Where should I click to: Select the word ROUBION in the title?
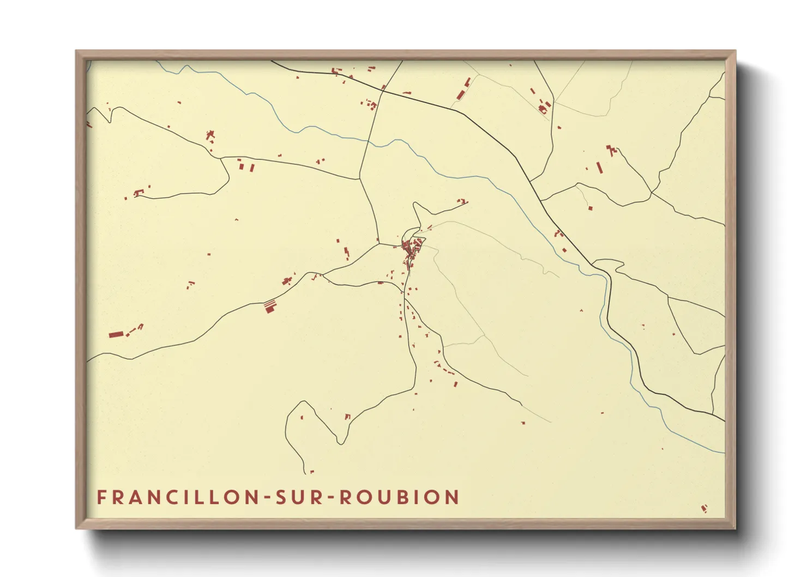(x=399, y=497)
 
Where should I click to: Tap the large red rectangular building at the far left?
(x=115, y=334)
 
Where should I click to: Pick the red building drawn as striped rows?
(x=270, y=305)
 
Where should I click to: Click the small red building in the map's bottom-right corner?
(x=704, y=509)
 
